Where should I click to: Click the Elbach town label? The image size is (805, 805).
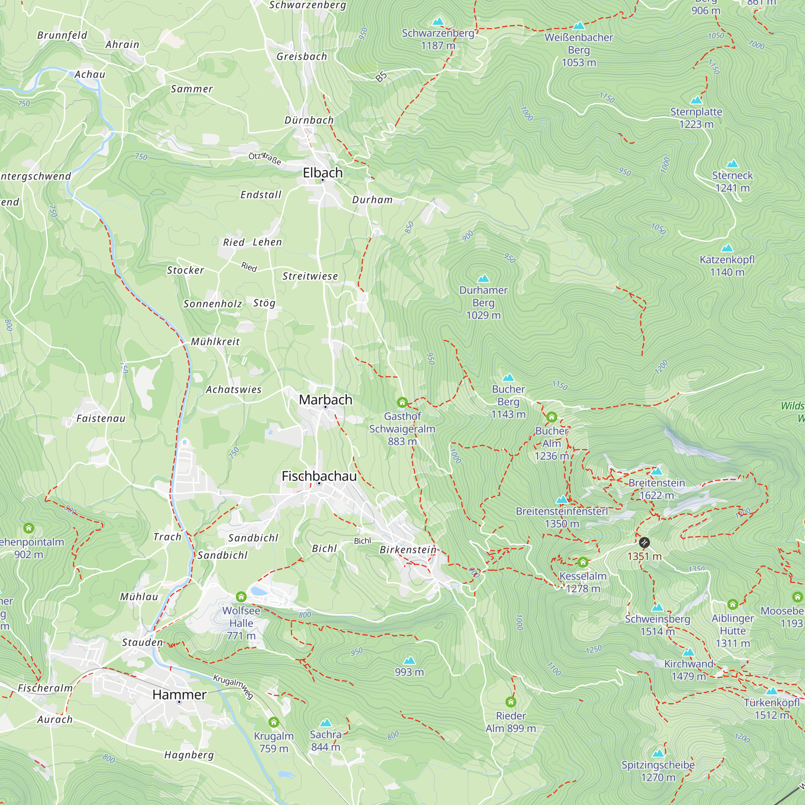click(x=322, y=173)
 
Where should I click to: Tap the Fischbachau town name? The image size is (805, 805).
click(x=319, y=476)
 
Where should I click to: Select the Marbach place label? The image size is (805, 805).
click(x=325, y=400)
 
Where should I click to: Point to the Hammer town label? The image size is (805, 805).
click(x=179, y=695)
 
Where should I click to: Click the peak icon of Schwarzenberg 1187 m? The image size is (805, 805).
click(x=438, y=21)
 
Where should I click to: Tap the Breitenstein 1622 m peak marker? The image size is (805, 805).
click(x=656, y=471)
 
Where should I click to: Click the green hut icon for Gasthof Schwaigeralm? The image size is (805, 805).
click(x=402, y=402)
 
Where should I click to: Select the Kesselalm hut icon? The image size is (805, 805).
click(x=583, y=563)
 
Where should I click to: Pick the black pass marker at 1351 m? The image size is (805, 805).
click(x=644, y=543)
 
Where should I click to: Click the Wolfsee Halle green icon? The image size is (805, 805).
click(x=241, y=597)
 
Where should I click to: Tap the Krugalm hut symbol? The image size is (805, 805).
click(x=274, y=722)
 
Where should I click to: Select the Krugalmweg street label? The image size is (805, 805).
click(x=233, y=686)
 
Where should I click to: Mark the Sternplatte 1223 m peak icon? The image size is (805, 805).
click(x=696, y=100)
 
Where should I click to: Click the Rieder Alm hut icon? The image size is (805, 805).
click(x=511, y=702)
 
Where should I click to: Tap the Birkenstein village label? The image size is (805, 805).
click(x=408, y=549)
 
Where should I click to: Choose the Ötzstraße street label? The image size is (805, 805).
click(x=264, y=158)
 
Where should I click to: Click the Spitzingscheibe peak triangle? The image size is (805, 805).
click(x=658, y=753)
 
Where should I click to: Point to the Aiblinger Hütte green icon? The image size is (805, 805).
click(x=733, y=604)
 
